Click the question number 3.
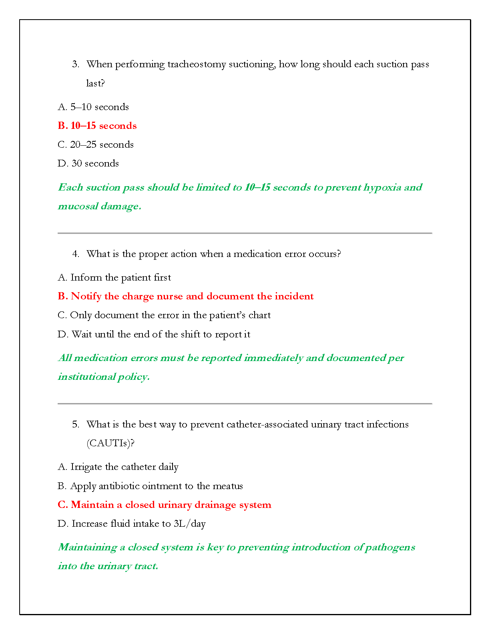[76, 64]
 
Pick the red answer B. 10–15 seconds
[97, 126]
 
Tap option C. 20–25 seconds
[96, 145]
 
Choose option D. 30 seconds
[88, 164]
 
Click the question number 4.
[76, 254]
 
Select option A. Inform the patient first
[114, 278]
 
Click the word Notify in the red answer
[86, 297]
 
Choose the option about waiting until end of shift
[154, 335]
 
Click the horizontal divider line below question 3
[245, 233]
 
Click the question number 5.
[76, 425]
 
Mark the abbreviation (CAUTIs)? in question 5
[110, 443]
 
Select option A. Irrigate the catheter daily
[118, 467]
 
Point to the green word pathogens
[390, 548]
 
